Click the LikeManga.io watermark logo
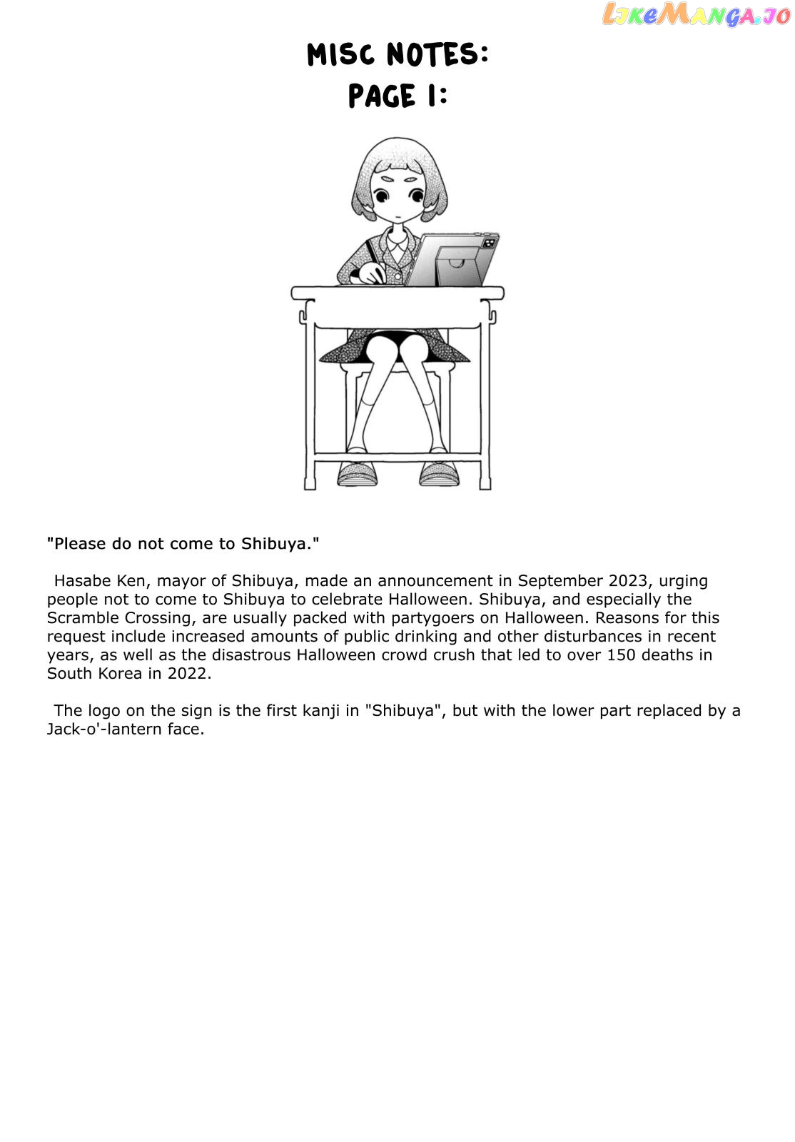(696, 14)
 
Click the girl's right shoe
(357, 473)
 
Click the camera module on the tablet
(489, 243)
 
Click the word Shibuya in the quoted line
(277, 544)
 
